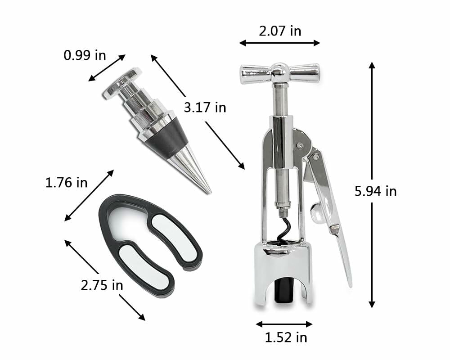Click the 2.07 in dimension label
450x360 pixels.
tap(279, 31)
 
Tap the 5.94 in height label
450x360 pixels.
tap(375, 191)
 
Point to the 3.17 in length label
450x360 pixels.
tap(205, 108)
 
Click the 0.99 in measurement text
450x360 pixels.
tap(85, 55)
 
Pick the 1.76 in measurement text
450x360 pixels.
tap(67, 183)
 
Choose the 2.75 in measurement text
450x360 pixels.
tap(102, 285)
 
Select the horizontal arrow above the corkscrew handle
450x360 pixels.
tap(279, 43)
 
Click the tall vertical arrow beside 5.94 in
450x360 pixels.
tap(372, 184)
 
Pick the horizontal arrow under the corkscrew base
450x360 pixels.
tap(283, 324)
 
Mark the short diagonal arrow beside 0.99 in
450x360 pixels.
tap(107, 67)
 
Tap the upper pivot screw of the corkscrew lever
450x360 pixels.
tap(299, 145)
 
